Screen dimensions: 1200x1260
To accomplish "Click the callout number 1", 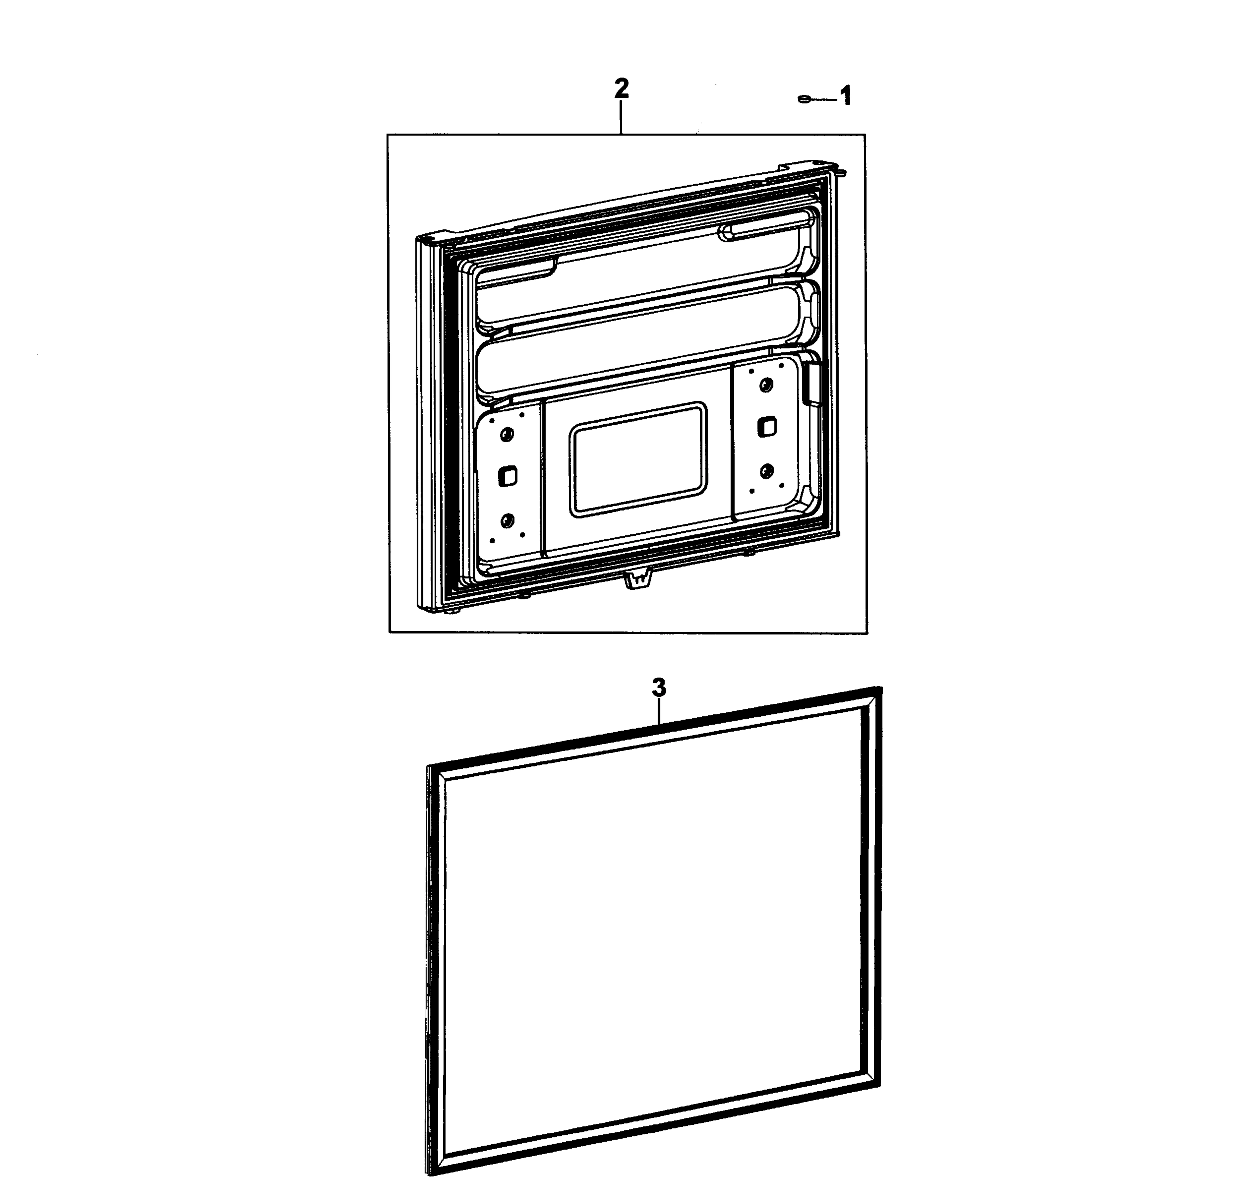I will (x=846, y=96).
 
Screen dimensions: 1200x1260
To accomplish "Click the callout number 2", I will (x=621, y=89).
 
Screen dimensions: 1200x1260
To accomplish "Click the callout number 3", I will (x=659, y=688).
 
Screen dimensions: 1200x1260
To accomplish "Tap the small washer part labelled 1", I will (x=804, y=98).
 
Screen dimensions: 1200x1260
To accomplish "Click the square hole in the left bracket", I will (x=508, y=476).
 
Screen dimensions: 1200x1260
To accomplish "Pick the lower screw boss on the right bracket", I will (x=766, y=472).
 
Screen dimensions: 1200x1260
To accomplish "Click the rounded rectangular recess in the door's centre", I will (x=639, y=458).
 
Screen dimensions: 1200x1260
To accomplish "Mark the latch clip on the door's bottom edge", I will (x=636, y=579).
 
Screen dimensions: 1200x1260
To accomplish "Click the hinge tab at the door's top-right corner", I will (x=841, y=171).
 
